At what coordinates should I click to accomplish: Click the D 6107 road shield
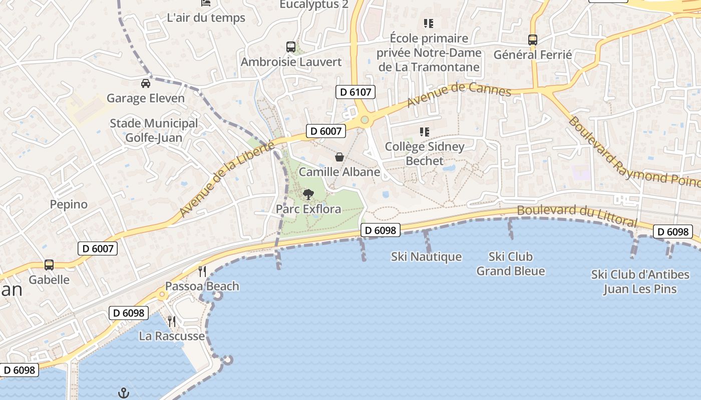pos(355,91)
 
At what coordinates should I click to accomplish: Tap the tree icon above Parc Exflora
pos(308,194)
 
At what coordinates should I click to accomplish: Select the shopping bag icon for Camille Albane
pos(339,157)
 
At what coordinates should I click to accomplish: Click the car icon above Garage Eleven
pos(146,83)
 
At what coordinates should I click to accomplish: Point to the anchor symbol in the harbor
pos(123,393)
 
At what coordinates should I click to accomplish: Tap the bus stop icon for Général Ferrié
pos(533,39)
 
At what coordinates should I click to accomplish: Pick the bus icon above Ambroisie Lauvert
pos(291,47)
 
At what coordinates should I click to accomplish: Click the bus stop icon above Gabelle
pos(49,265)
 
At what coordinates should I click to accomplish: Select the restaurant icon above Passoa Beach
pos(202,271)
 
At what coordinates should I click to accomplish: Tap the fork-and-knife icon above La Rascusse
pos(172,321)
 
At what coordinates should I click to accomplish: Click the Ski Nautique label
pos(426,257)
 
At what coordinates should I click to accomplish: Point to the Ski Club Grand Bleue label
pos(510,264)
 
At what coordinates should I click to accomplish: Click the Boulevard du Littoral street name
pos(577,215)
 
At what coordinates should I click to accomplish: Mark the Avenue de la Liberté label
pos(227,178)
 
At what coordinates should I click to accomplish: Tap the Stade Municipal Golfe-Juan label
pos(154,130)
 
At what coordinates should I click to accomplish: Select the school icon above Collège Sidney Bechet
pos(425,132)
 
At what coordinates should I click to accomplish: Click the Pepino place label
pos(69,204)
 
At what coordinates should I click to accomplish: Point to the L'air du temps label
pos(206,18)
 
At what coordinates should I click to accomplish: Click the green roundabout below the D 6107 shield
pos(365,120)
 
